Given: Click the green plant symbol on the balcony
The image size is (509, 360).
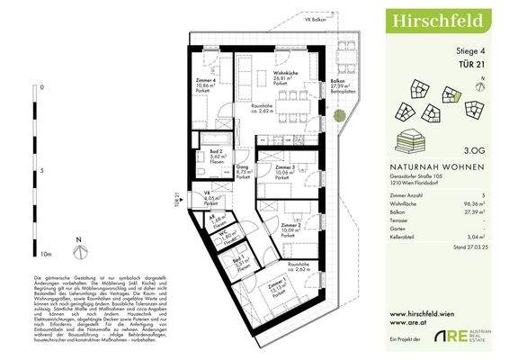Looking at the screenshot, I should click(340, 114).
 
